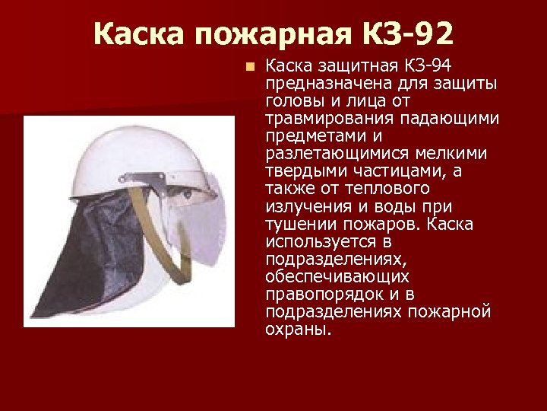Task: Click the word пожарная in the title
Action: pos(263,33)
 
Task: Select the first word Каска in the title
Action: pos(141,33)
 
